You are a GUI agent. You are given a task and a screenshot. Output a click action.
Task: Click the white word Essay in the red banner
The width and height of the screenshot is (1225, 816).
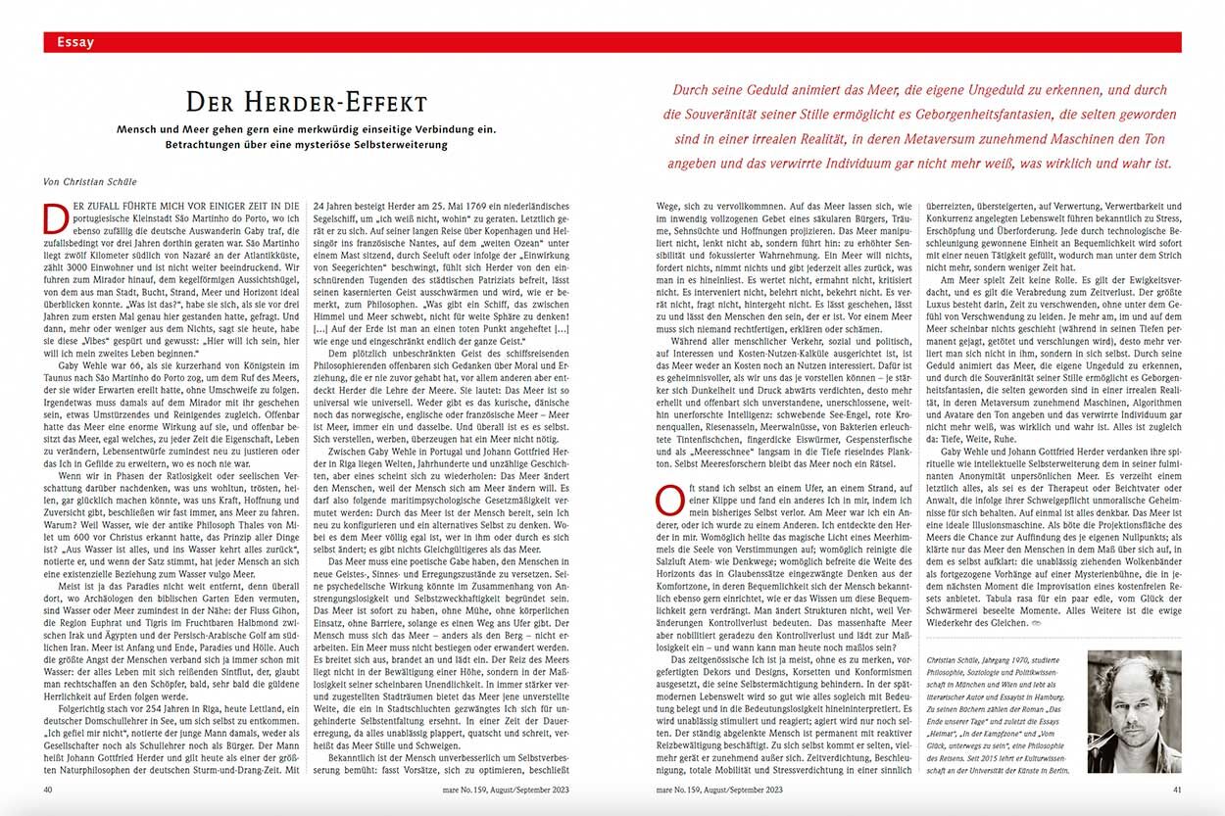coord(76,42)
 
